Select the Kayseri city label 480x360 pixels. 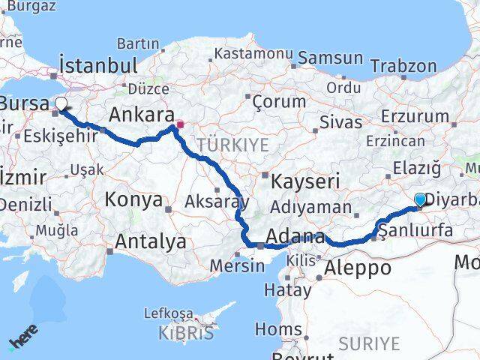(x=305, y=181)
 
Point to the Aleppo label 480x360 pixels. (x=358, y=268)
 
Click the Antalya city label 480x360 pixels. (x=151, y=241)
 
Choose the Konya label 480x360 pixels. (x=134, y=199)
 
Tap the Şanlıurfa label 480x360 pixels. (x=417, y=230)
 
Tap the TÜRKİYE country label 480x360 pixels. (x=233, y=144)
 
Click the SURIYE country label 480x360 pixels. (x=369, y=343)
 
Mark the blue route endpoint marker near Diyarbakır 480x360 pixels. (x=420, y=199)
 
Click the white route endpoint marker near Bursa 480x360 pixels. (x=61, y=104)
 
